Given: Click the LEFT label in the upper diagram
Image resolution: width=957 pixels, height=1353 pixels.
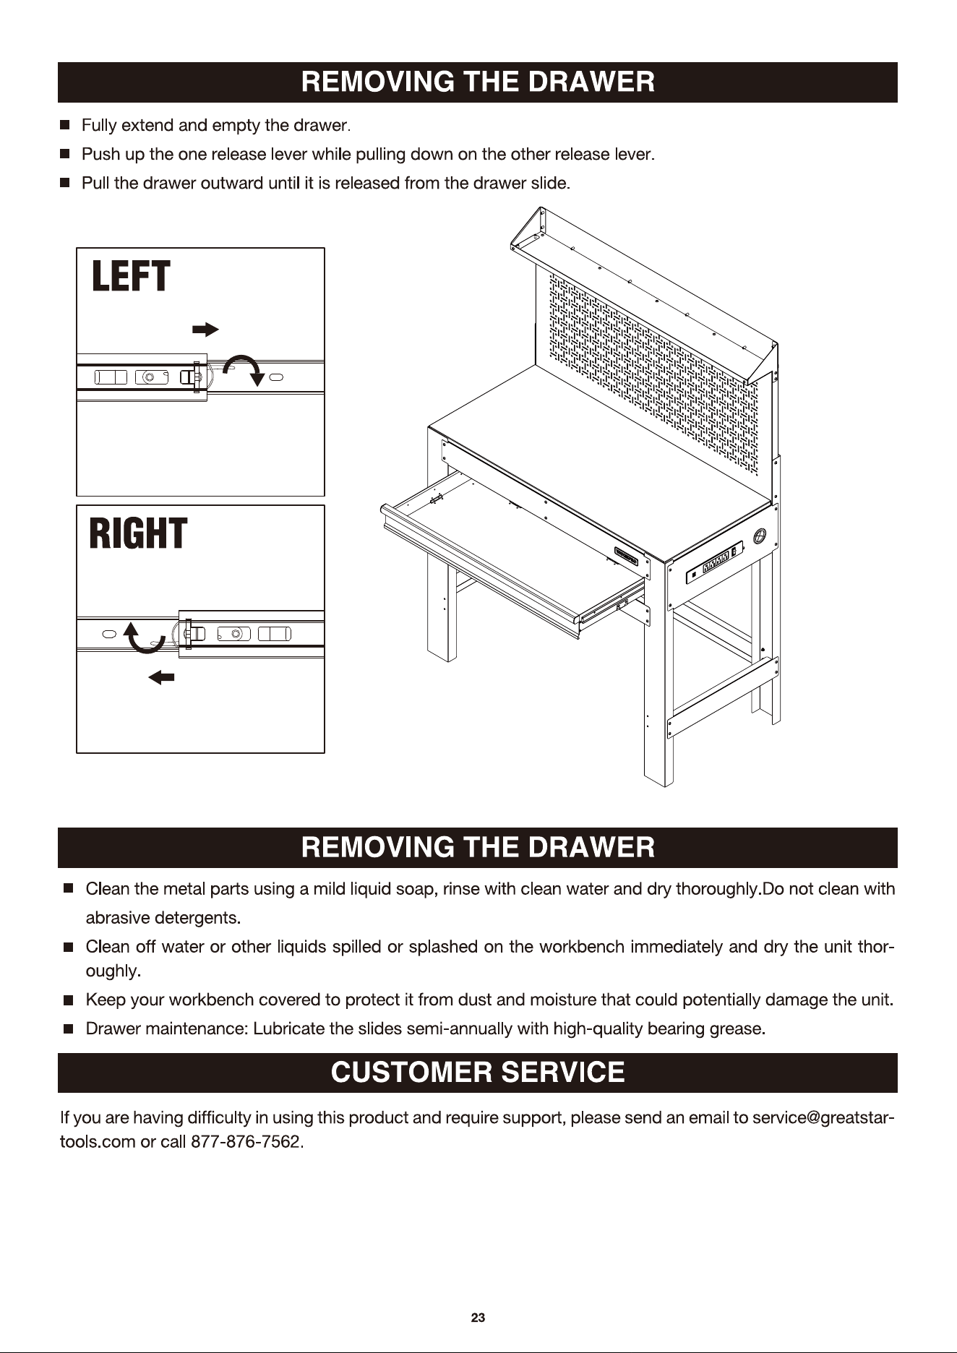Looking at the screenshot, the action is (x=131, y=277).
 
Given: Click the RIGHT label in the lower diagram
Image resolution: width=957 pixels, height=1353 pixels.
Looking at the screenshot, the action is (x=138, y=533).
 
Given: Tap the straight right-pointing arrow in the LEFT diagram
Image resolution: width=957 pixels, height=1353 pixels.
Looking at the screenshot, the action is (x=205, y=330).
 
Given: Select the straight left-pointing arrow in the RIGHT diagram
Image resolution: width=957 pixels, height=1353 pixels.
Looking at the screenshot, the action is (x=161, y=677).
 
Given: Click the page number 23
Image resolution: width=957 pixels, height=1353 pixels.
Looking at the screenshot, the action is (x=478, y=1318).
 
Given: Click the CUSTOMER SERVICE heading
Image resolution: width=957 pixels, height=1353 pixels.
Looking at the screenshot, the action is (x=478, y=1072).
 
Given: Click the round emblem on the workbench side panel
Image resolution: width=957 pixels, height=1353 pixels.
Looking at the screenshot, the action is (x=759, y=536).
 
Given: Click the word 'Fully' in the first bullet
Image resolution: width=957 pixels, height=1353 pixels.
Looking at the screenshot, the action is (x=99, y=126).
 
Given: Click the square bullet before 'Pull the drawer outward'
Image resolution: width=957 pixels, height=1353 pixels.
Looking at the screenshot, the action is (x=65, y=183).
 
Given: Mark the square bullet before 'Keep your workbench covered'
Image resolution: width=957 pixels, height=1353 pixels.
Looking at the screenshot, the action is (x=69, y=1000).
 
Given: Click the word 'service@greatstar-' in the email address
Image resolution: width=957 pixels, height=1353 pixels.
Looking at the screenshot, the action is (x=823, y=1118).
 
